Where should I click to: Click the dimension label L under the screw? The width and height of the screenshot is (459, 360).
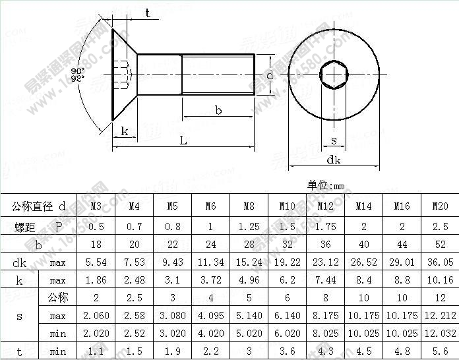pos(184,140)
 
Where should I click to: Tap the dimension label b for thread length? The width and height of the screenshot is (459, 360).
pos(218,110)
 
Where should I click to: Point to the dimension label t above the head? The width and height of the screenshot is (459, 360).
pos(147,13)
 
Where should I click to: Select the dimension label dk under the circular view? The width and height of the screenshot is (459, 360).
pos(333,160)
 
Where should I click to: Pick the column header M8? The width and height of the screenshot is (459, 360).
pos(249,206)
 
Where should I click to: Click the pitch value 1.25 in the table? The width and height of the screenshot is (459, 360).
pos(249,227)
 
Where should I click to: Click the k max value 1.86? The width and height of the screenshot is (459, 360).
pos(96,280)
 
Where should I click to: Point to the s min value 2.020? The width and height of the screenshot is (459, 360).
pos(96,334)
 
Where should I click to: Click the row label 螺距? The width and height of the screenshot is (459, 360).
pos(25,227)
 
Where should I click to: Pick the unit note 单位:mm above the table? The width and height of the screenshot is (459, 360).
pos(326,186)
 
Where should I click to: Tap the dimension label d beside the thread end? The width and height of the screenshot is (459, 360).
pos(270,76)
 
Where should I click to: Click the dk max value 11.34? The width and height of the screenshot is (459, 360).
pos(210,262)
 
